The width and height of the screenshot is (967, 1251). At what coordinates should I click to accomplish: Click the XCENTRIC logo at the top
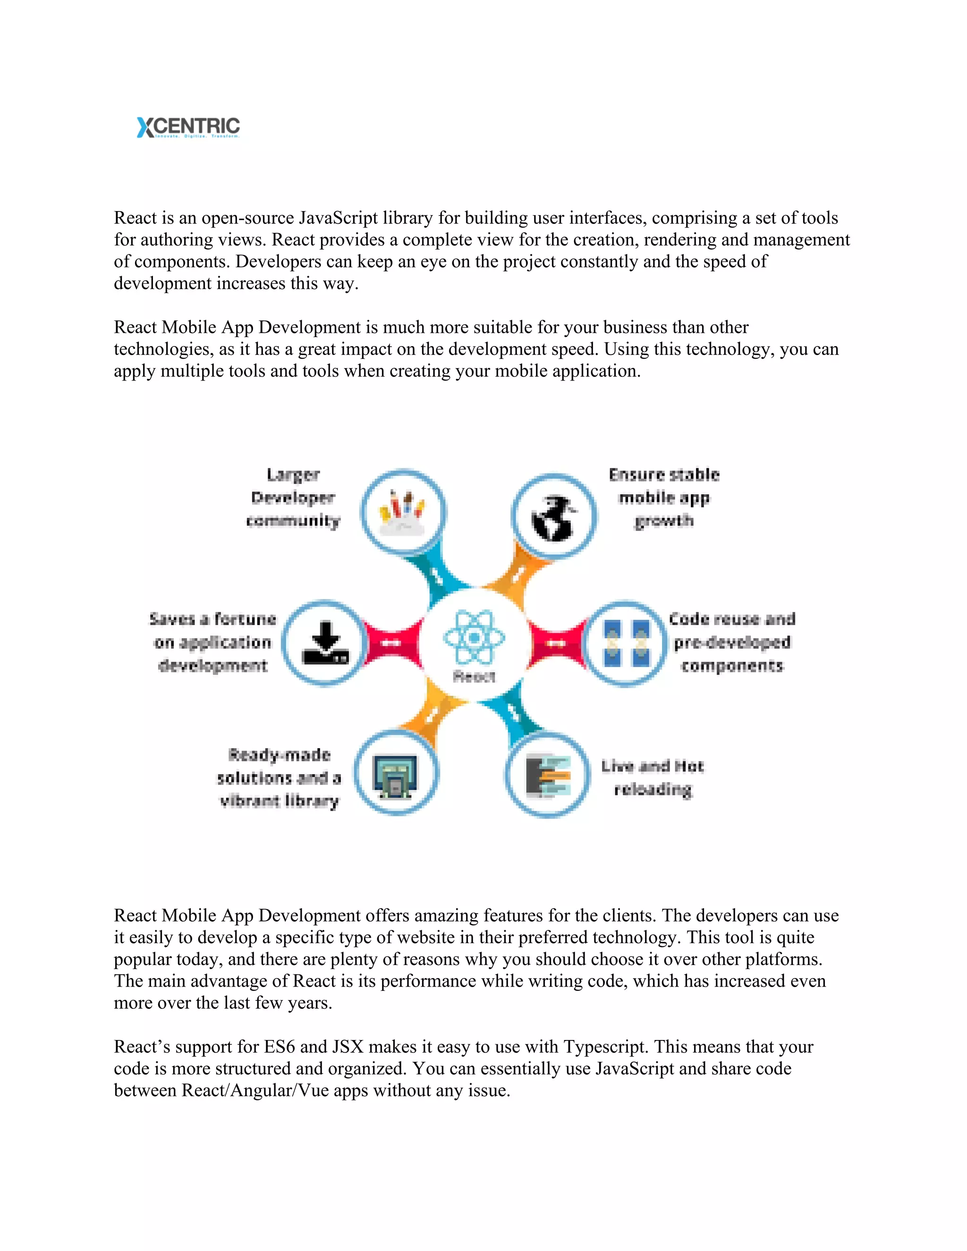188,127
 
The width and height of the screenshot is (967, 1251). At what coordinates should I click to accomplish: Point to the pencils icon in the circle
403,512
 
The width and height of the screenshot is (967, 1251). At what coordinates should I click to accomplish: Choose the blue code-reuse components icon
626,643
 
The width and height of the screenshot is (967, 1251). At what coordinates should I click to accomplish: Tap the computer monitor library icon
396,774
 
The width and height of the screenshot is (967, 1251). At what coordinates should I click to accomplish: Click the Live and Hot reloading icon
548,776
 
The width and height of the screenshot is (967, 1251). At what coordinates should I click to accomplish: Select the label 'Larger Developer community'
293,498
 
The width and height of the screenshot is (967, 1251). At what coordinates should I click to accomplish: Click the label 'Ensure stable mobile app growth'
664,498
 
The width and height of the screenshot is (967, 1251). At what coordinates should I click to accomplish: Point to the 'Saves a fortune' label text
212,642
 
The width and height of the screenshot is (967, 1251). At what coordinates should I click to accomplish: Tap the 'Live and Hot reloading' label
653,778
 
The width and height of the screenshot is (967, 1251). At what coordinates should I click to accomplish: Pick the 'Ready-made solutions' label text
280,778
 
